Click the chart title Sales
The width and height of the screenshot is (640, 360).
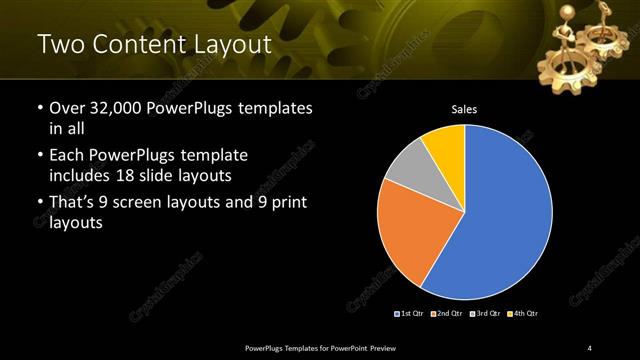pos(464,109)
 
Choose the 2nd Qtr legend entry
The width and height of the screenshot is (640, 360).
pos(447,314)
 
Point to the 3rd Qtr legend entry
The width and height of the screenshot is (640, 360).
pos(485,314)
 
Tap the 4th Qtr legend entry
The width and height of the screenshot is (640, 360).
pos(522,314)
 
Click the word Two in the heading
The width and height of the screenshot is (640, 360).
pos(59,44)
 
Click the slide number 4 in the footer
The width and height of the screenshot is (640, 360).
pos(590,347)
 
